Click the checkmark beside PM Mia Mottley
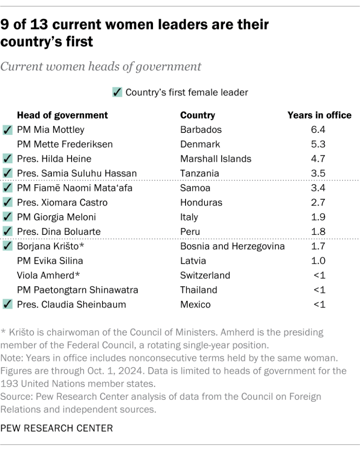(7, 130)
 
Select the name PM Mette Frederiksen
(65, 144)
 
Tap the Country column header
(197, 115)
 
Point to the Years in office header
(319, 115)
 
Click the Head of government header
(62, 115)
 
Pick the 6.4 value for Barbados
(319, 130)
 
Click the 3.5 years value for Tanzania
(319, 173)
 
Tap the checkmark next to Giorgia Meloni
(7, 217)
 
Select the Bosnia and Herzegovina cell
(232, 246)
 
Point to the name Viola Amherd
(48, 275)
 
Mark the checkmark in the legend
(117, 92)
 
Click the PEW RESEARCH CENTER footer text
(57, 427)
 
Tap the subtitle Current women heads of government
(101, 67)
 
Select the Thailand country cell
(199, 290)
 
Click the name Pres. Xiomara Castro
(62, 202)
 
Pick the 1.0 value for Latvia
(319, 261)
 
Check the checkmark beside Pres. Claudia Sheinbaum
(7, 304)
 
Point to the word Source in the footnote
(15, 396)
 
